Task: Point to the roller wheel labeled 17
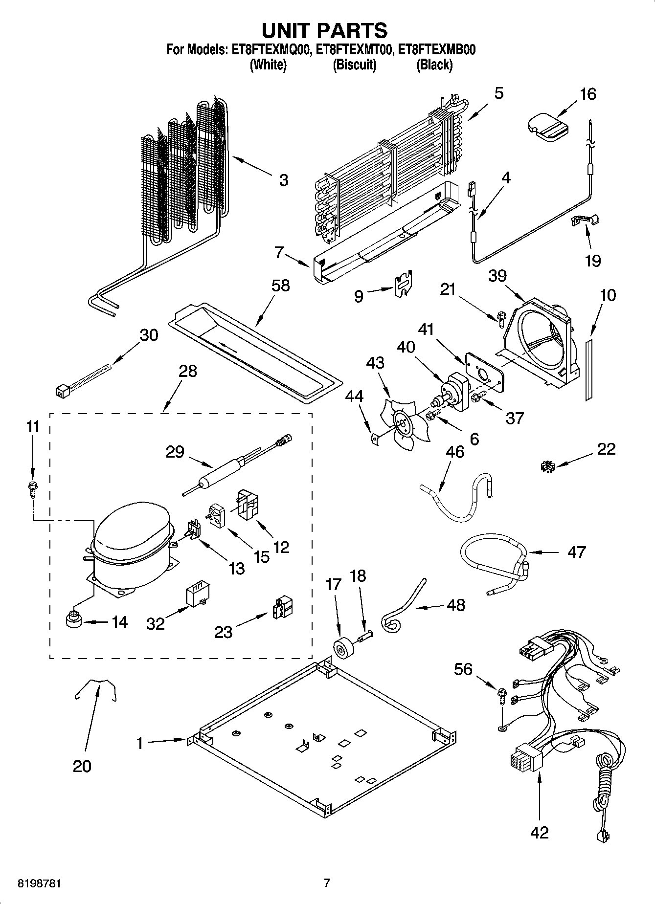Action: [341, 648]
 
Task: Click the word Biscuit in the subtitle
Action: [354, 65]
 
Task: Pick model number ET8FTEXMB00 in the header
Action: [437, 49]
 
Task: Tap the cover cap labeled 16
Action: [548, 127]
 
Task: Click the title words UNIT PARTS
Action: [324, 30]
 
